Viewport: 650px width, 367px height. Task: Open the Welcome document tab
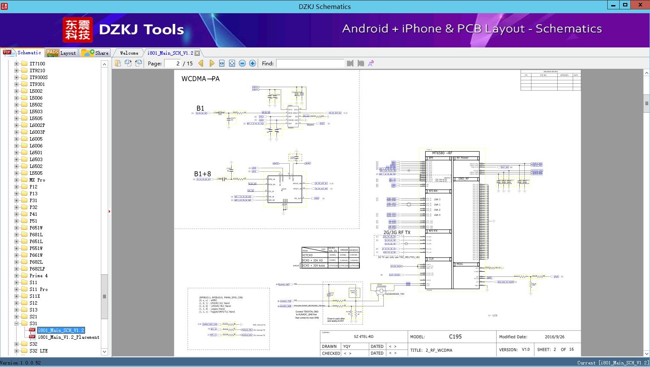pyautogui.click(x=129, y=53)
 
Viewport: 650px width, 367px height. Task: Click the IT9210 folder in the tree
pyautogui.click(x=37, y=70)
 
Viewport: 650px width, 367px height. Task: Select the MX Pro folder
pyautogui.click(x=37, y=180)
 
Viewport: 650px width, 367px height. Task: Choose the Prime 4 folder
pyautogui.click(x=38, y=276)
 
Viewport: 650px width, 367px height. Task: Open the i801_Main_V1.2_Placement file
pyautogui.click(x=68, y=337)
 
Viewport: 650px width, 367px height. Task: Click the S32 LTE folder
pyautogui.click(x=38, y=351)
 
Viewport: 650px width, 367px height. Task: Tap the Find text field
pyautogui.click(x=310, y=63)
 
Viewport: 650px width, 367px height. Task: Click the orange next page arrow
pyautogui.click(x=212, y=63)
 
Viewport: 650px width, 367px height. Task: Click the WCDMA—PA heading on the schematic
pyautogui.click(x=200, y=79)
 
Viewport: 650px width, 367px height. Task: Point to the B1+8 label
pyautogui.click(x=203, y=174)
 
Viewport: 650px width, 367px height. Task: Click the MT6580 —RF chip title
pyautogui.click(x=442, y=153)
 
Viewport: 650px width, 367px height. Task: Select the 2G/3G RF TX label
pyautogui.click(x=397, y=232)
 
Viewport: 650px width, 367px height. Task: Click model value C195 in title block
pyautogui.click(x=455, y=337)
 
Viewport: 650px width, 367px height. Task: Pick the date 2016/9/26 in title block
pyautogui.click(x=554, y=337)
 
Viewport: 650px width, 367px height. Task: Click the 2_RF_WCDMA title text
pyautogui.click(x=439, y=350)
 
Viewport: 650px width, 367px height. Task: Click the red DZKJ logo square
pyautogui.click(x=77, y=30)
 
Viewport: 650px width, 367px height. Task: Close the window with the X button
pyautogui.click(x=640, y=5)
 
